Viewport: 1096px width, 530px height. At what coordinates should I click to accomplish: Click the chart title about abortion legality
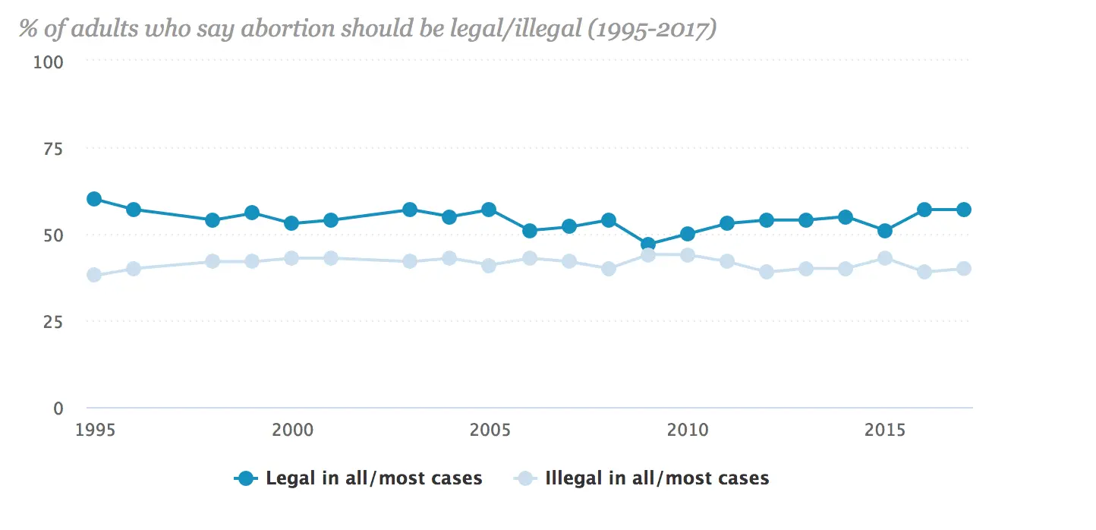point(368,30)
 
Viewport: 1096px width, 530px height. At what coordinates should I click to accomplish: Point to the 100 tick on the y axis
point(48,62)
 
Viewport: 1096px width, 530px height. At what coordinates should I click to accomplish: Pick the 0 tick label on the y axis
point(58,409)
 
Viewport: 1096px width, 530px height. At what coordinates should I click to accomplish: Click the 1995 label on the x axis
point(94,431)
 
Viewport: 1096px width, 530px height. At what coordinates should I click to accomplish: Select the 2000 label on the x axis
point(292,431)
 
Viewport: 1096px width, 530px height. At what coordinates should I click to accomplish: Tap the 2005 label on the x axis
point(490,431)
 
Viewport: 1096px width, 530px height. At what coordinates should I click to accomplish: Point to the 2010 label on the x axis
point(688,431)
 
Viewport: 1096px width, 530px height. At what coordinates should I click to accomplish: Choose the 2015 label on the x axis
point(885,431)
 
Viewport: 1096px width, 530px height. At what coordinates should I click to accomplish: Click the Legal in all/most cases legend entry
point(358,478)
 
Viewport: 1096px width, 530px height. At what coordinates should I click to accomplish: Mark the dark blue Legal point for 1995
point(94,199)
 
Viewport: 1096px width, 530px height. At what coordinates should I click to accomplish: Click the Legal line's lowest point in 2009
point(648,244)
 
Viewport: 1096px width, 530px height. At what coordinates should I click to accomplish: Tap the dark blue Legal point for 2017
point(964,210)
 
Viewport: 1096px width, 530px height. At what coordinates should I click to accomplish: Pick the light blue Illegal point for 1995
point(94,275)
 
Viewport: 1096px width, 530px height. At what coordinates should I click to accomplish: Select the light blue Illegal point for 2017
point(964,268)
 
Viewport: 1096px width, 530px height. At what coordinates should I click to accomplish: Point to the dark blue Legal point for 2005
point(489,210)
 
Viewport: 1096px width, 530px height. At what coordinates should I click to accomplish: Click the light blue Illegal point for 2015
point(885,258)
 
